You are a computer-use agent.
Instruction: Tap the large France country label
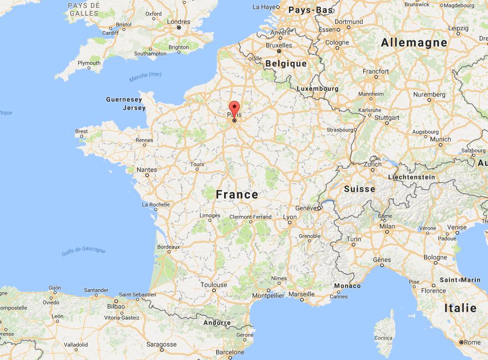tap(237, 195)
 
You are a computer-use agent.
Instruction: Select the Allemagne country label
tap(414, 43)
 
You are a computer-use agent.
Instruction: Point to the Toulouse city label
tap(214, 285)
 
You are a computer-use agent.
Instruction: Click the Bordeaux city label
tap(169, 247)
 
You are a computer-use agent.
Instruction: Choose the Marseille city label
tap(301, 294)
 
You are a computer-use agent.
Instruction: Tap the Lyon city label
tap(290, 217)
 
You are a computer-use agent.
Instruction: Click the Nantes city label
tap(147, 170)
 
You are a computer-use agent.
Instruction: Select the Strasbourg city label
tap(340, 130)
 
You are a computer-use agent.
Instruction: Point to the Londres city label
tap(178, 22)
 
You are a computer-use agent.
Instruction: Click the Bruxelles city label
tap(279, 45)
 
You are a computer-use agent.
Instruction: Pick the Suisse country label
tap(359, 189)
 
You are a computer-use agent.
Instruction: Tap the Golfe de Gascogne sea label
tap(84, 251)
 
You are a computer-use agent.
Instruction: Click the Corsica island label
tap(383, 338)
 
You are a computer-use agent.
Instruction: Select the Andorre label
tap(217, 323)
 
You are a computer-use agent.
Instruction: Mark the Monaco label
tap(347, 286)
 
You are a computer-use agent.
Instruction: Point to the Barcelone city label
tap(230, 352)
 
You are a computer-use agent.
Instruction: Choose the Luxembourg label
tap(317, 89)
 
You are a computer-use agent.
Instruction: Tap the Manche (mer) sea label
tap(145, 77)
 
